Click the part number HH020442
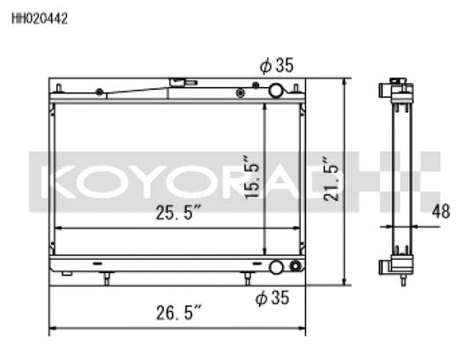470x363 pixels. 40,16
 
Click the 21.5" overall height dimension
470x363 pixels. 330,181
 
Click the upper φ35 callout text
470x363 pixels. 276,64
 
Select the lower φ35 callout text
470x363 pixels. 273,299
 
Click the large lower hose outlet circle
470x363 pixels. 278,268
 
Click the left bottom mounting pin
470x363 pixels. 107,278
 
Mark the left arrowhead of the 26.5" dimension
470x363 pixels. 52,329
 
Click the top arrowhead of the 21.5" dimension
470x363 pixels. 344,82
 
